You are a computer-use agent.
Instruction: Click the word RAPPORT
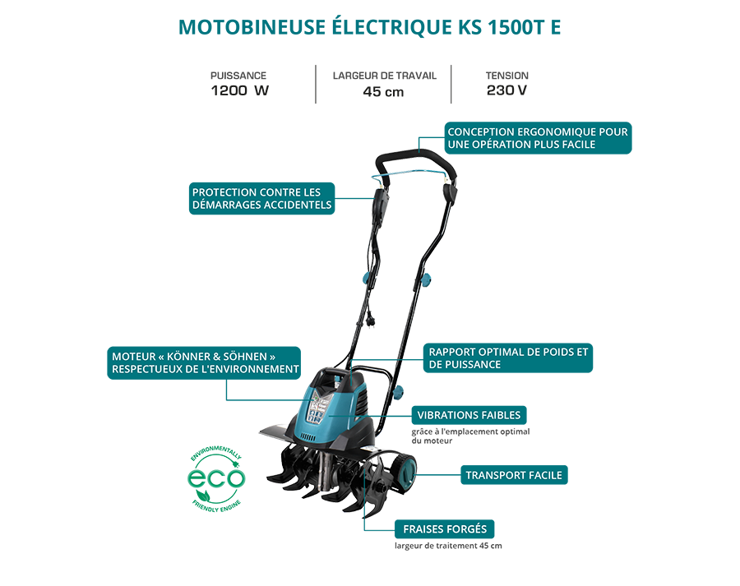click(x=455, y=352)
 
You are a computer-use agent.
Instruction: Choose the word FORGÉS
click(x=469, y=529)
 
